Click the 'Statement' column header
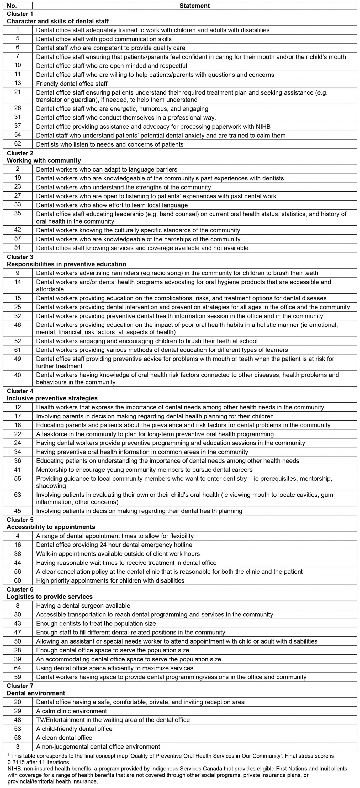click(x=194, y=6)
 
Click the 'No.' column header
click(x=12, y=6)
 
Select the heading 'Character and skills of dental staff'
click(x=58, y=21)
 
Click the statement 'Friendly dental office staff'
click(x=72, y=84)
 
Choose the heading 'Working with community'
click(x=44, y=160)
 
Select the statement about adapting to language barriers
click(x=107, y=169)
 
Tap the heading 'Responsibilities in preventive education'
click(x=66, y=264)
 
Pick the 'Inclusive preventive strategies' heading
click(x=52, y=398)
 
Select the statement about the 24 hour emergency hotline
click(x=114, y=545)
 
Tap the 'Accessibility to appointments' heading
click(x=51, y=527)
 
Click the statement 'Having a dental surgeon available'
click(x=83, y=606)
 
